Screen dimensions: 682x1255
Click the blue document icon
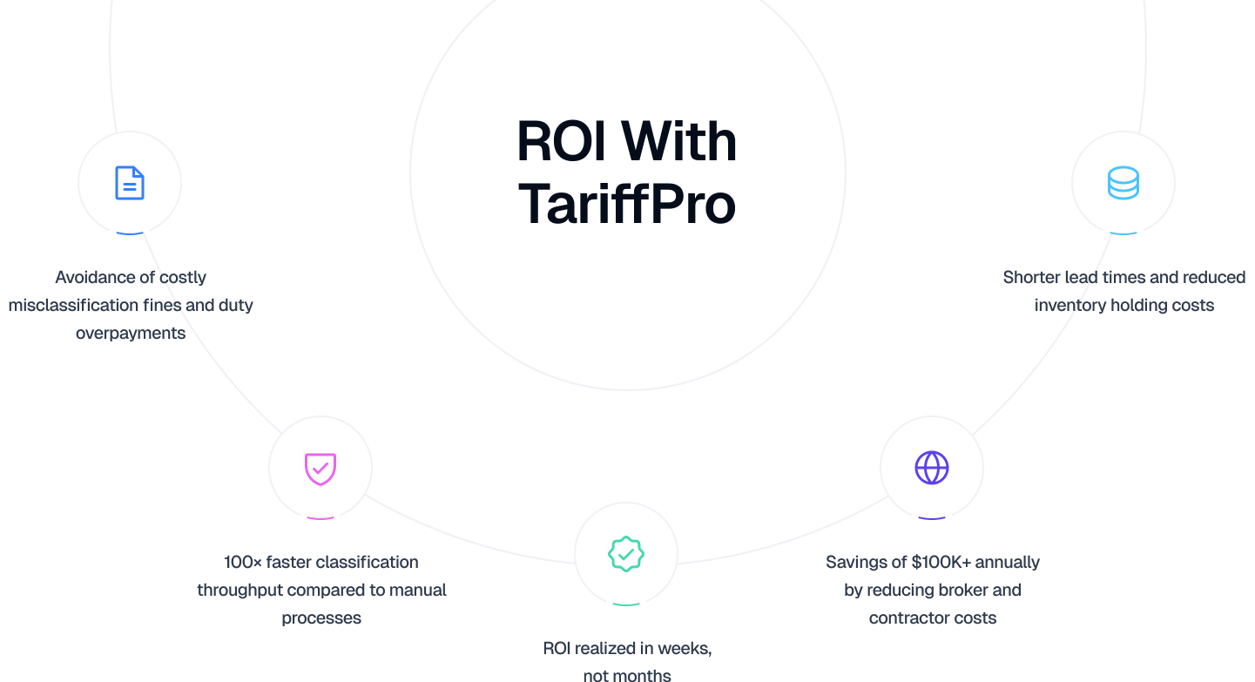(130, 183)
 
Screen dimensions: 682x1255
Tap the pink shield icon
(320, 468)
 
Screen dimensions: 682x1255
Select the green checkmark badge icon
(625, 554)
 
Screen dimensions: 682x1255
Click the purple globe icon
(931, 468)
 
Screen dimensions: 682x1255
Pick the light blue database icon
(1123, 183)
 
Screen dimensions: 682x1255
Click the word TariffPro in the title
(626, 204)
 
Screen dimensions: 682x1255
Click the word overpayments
(131, 333)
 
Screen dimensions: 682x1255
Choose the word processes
(321, 618)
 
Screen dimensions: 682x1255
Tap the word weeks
(684, 648)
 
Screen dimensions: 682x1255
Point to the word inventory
(1068, 305)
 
